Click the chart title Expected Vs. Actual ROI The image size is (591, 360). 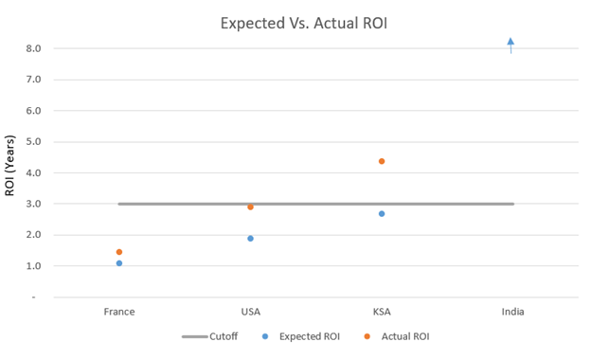pos(295,22)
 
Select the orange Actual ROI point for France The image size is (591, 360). pos(119,252)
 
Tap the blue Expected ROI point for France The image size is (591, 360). pos(119,263)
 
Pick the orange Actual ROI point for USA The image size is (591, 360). pos(250,207)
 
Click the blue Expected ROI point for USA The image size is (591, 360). pos(250,239)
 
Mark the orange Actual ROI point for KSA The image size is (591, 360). pos(382,161)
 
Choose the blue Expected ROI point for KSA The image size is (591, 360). pos(382,214)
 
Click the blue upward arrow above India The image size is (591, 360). pos(510,45)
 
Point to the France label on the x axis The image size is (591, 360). pos(119,312)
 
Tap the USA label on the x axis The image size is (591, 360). pos(250,312)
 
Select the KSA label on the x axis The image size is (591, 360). pos(382,312)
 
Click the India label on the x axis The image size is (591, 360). pos(512,312)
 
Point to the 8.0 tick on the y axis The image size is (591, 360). pos(33,48)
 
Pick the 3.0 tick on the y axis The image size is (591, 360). pos(33,204)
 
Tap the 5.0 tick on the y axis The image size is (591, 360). pos(33,142)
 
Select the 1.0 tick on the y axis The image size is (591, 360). pos(33,266)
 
